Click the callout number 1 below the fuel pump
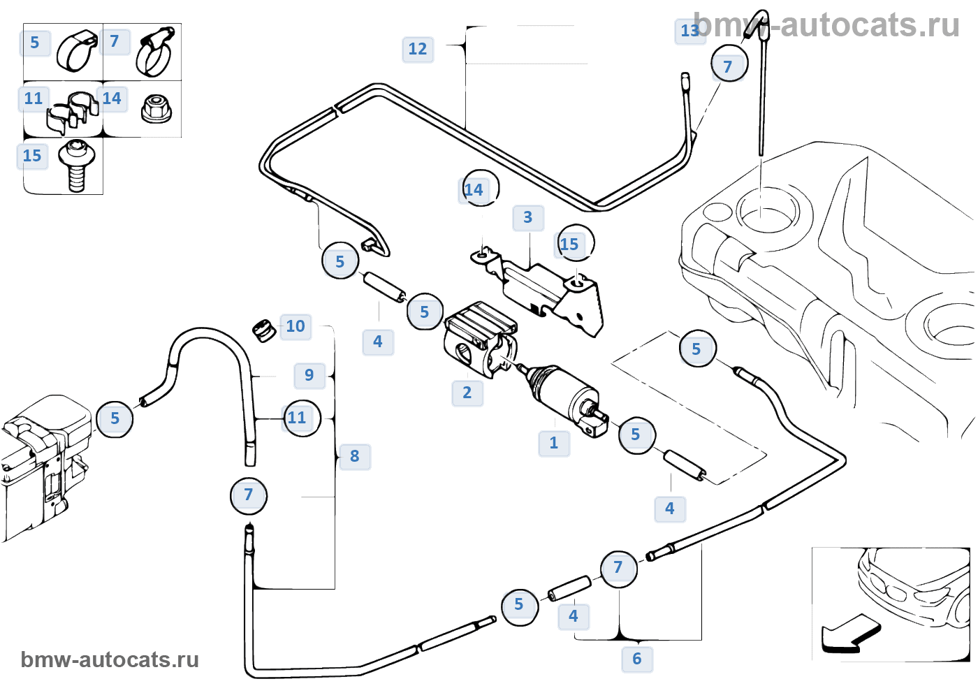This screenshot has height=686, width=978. point(554,443)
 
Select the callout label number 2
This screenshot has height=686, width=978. point(467,393)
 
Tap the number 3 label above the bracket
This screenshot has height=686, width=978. point(528,217)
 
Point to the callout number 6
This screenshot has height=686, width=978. point(637,659)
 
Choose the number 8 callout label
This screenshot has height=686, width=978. point(355,456)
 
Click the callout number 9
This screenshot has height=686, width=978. point(309,375)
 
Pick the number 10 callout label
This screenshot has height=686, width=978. point(295,326)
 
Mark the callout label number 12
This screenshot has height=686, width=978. point(418,49)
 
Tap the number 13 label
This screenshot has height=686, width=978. point(689,31)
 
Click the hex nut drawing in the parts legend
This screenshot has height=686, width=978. point(156,109)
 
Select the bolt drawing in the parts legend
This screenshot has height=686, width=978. point(75,165)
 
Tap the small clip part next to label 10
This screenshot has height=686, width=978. point(263,330)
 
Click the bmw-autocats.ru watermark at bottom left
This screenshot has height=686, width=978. point(110,659)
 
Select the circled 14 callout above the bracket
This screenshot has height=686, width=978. point(481,189)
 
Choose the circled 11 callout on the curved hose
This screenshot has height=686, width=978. point(301,418)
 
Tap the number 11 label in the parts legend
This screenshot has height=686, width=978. point(34,98)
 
